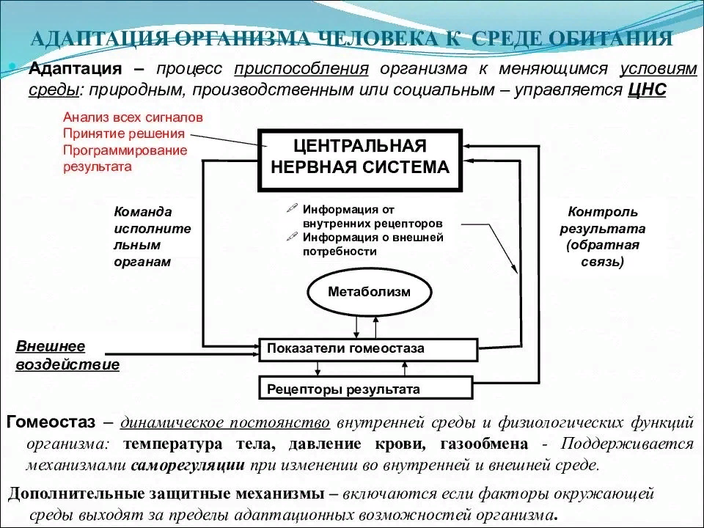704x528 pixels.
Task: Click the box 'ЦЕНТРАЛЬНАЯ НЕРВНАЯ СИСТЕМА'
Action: pyautogui.click(x=360, y=157)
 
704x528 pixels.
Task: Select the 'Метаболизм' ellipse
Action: pyautogui.click(x=369, y=292)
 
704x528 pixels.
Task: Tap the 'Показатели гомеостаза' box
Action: pyautogui.click(x=368, y=349)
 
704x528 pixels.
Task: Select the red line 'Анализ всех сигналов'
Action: pyautogui.click(x=133, y=117)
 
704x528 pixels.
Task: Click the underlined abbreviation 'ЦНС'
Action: pyautogui.click(x=648, y=89)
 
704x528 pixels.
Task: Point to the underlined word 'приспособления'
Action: pyautogui.click(x=301, y=69)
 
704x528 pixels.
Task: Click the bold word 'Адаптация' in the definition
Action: pyautogui.click(x=74, y=69)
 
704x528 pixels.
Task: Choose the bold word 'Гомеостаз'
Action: pyautogui.click(x=51, y=422)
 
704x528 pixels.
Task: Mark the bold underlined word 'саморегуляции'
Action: pyautogui.click(x=188, y=465)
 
